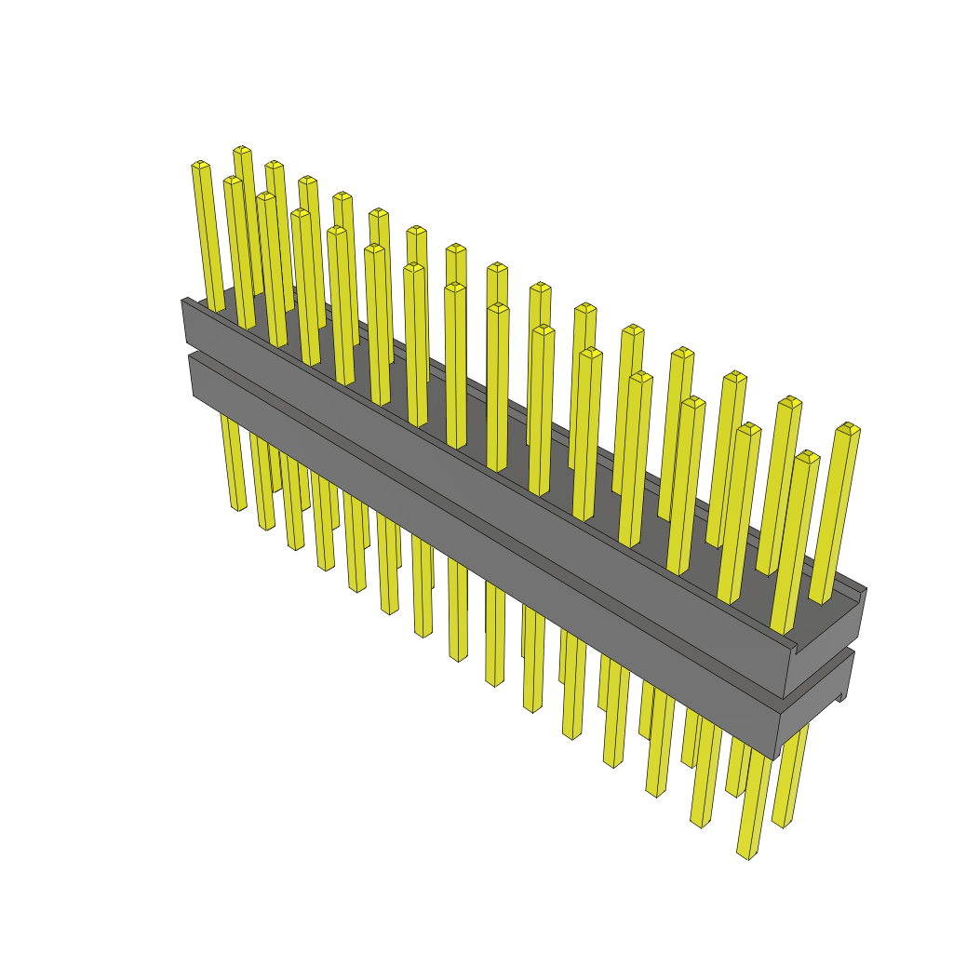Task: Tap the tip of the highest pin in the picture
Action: click(242, 150)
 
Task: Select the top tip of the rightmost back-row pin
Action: click(848, 428)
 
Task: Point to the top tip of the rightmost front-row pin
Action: click(807, 456)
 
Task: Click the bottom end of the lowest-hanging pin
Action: click(743, 854)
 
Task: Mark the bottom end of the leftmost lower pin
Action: click(237, 507)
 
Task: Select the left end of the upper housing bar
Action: click(184, 322)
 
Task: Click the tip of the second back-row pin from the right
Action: click(790, 401)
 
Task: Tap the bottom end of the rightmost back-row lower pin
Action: click(782, 823)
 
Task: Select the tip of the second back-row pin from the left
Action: click(274, 165)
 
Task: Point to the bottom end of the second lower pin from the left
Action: click(265, 526)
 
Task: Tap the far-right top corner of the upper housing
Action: click(866, 589)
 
